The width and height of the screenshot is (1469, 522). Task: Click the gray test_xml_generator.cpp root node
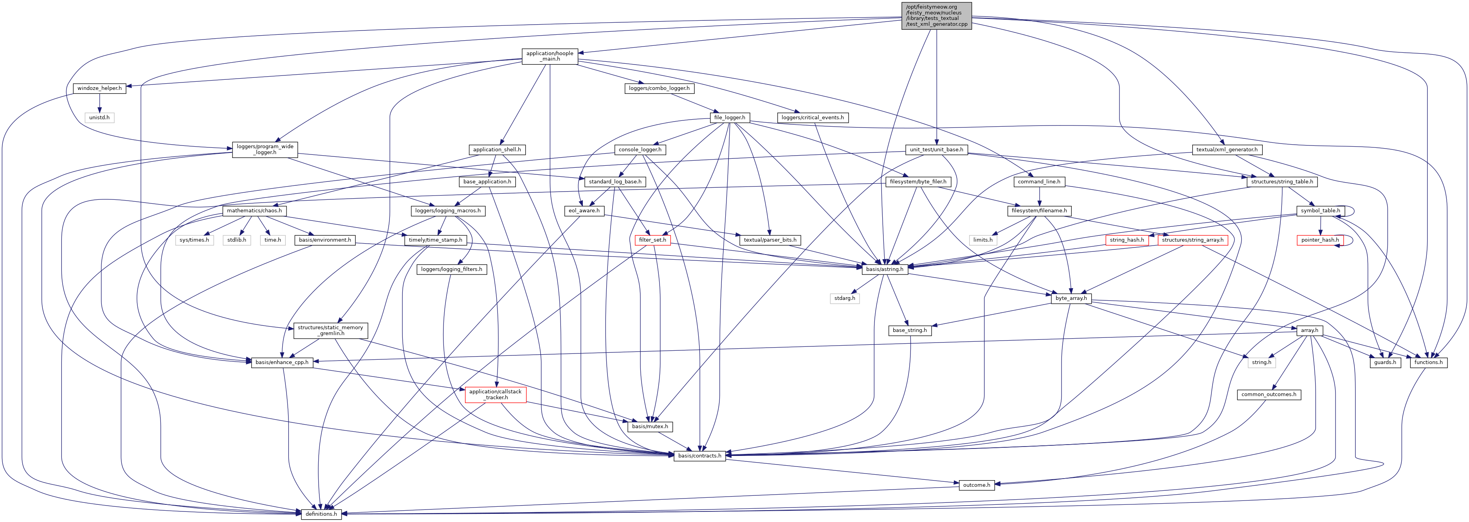(x=936, y=15)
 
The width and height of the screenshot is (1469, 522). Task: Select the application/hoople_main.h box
(x=550, y=56)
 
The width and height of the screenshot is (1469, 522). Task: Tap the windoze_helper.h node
(x=100, y=88)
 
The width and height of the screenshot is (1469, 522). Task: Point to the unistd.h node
(x=99, y=117)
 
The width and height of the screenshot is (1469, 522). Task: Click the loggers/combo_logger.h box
(x=659, y=88)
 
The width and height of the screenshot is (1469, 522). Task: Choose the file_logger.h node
(x=729, y=117)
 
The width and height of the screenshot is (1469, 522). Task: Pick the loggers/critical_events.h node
(x=812, y=117)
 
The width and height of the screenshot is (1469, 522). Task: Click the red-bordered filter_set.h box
(x=652, y=240)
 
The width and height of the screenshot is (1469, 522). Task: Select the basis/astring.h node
(x=885, y=269)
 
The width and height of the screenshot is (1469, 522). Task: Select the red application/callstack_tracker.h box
(x=495, y=395)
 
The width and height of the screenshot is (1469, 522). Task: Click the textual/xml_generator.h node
(x=1227, y=149)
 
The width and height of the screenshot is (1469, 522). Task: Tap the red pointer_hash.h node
(x=1319, y=240)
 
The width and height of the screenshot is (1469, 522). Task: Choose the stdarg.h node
(x=845, y=298)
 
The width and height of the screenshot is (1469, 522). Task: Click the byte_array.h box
(x=1071, y=298)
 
